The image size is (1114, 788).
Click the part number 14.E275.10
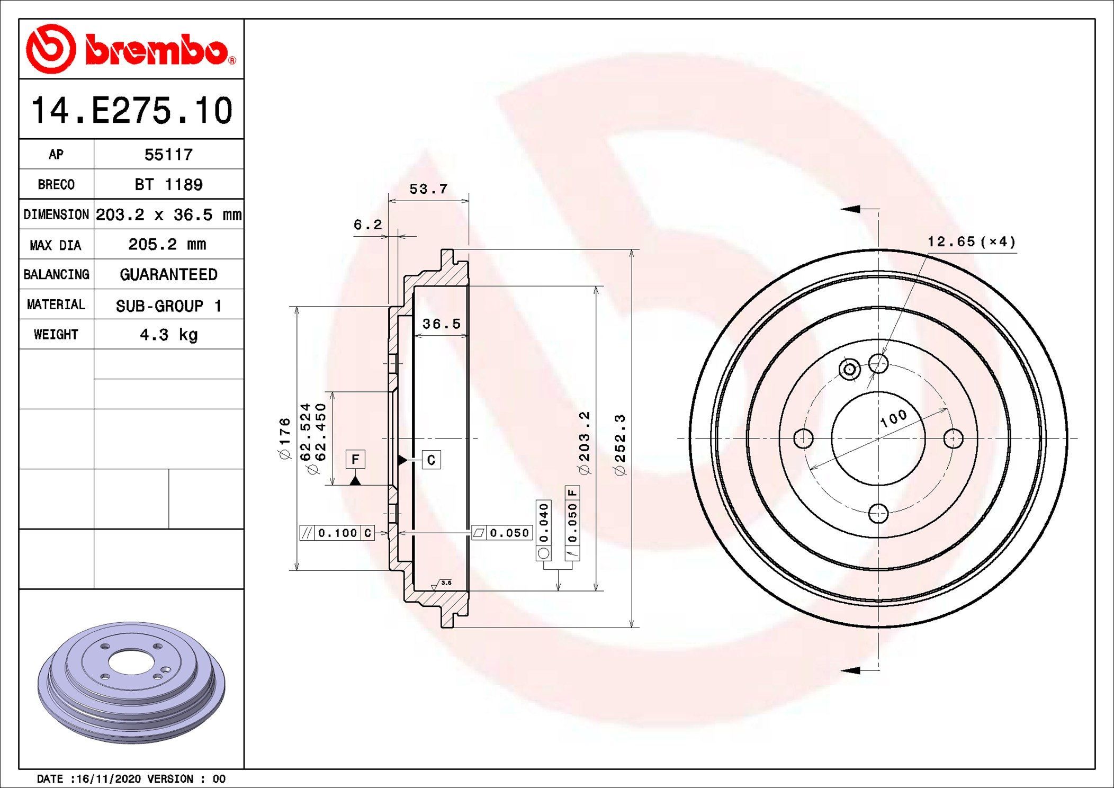pos(131,111)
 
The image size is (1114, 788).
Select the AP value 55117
pos(168,155)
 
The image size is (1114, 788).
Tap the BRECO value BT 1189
pos(168,184)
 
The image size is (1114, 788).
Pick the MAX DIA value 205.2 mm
pos(167,244)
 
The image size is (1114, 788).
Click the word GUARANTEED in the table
pos(168,274)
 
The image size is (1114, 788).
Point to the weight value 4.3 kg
pos(168,335)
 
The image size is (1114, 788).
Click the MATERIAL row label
pos(56,305)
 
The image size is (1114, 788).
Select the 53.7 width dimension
pos(428,189)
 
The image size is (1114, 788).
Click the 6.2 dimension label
pos(367,225)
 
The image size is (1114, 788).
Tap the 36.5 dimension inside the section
pos(441,324)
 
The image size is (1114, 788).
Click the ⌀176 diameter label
pos(285,438)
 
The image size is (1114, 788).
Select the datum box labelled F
pos(355,459)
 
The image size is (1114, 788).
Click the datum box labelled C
pos(431,460)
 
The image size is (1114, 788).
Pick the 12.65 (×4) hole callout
pos(971,242)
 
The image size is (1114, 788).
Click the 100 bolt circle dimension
pos(894,418)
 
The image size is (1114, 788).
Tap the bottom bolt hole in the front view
pos(878,513)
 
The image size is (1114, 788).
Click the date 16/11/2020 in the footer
pos(109,778)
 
